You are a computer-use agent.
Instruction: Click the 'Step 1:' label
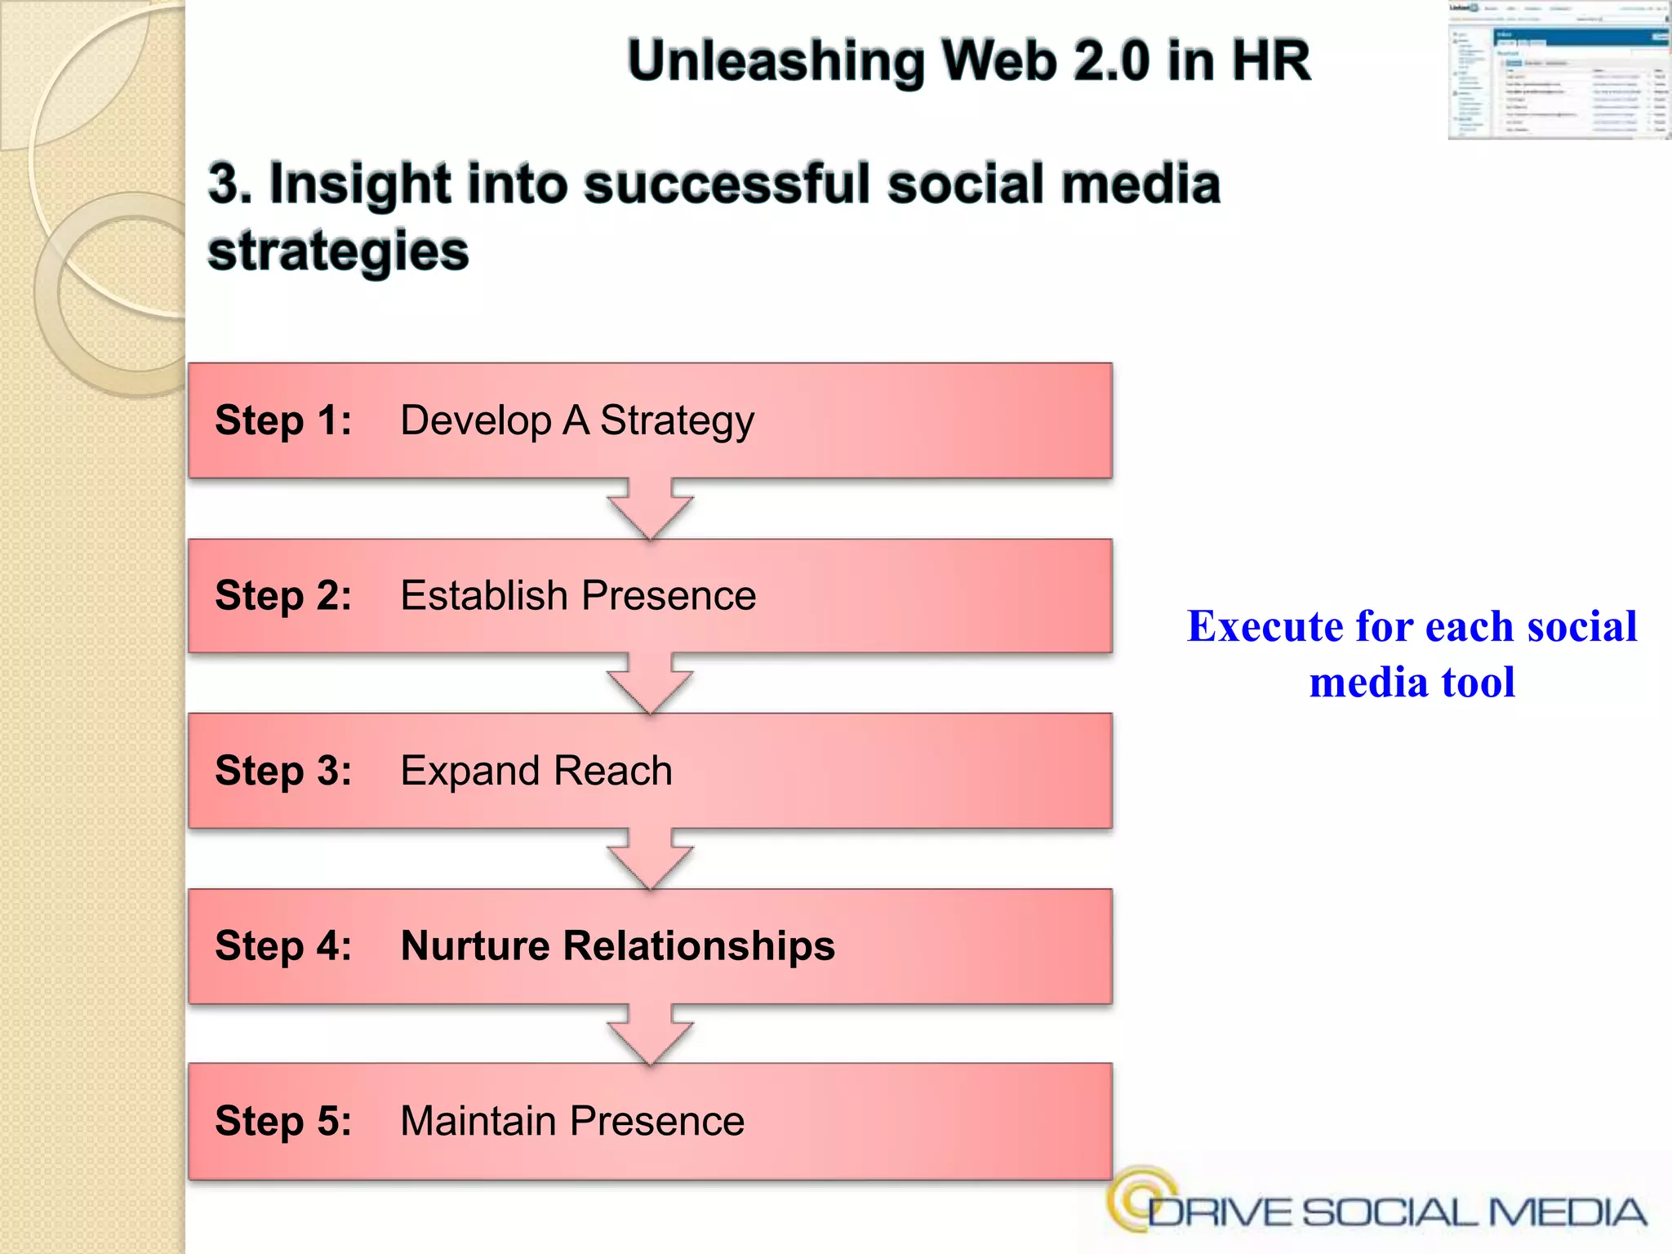282,421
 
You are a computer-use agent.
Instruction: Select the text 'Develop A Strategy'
576,421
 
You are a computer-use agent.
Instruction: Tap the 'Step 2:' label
282,596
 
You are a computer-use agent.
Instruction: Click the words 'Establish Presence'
578,596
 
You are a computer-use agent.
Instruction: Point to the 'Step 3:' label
282,772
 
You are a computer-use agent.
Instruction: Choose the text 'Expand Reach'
536,772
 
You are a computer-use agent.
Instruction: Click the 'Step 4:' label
282,946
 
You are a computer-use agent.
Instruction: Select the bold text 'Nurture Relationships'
617,946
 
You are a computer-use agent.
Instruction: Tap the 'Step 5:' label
282,1121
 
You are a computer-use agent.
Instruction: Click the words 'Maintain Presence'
571,1121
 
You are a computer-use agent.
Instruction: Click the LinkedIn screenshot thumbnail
1559,70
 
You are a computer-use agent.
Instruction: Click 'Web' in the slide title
999,61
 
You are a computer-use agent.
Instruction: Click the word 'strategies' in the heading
338,251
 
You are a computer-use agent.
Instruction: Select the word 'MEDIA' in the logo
1567,1212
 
